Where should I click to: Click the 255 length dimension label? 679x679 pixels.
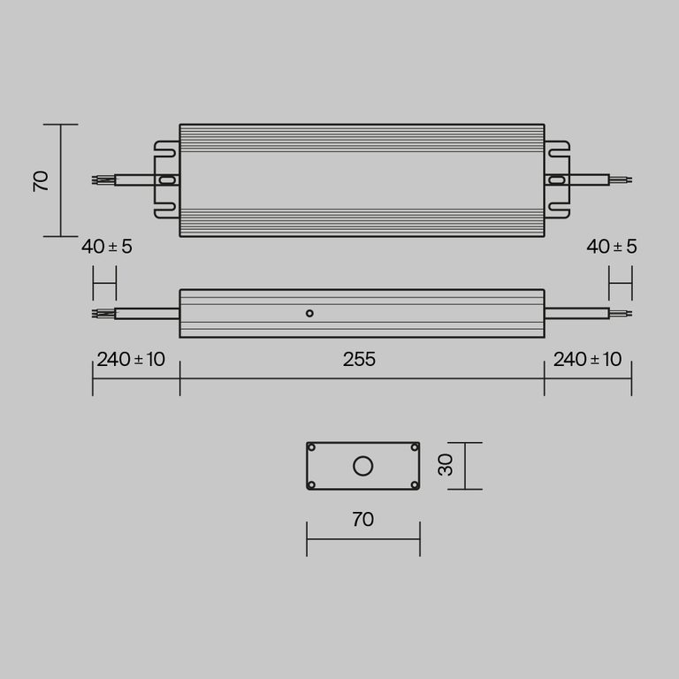pos(360,360)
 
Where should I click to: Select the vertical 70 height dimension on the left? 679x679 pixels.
pos(41,180)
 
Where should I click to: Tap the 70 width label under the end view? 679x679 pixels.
pos(362,519)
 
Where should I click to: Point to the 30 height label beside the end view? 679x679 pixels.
pos(446,465)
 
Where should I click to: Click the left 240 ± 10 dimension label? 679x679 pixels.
pos(131,360)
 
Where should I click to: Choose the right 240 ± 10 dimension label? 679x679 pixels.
pos(587,360)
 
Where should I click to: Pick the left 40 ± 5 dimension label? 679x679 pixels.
pos(107,247)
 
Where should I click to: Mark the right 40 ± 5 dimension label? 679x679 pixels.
pos(612,247)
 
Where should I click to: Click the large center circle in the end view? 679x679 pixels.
pos(362,466)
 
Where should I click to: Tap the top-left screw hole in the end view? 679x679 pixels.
pos(311,447)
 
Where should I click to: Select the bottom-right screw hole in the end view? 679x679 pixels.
pos(415,484)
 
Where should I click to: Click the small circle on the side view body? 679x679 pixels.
pos(309,313)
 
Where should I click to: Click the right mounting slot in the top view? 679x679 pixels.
pos(556,180)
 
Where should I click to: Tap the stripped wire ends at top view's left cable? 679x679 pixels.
pos(103,180)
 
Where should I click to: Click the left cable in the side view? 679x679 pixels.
pos(146,313)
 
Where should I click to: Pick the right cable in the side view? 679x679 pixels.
pos(576,313)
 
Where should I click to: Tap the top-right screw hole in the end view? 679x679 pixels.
pos(415,447)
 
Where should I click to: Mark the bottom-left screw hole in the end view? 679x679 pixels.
pos(311,484)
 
